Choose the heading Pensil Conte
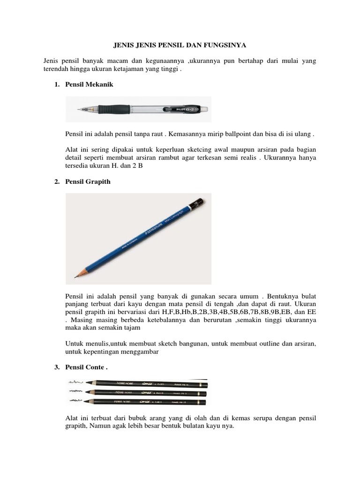pyautogui.click(x=87, y=368)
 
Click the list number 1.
pyautogui.click(x=55, y=84)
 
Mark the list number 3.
pyautogui.click(x=55, y=368)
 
